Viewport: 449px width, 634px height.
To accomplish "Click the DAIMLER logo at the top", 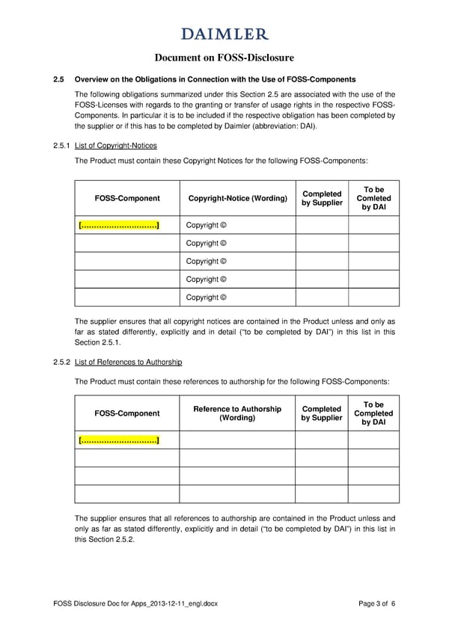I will click(x=224, y=34).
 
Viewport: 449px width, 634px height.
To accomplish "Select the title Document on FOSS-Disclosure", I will click(x=224, y=58).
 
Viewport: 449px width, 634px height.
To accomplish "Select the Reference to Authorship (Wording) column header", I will click(x=236, y=413).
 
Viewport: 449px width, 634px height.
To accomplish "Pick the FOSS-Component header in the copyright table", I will click(x=127, y=198).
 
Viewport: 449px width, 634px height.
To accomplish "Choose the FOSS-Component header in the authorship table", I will click(x=127, y=413).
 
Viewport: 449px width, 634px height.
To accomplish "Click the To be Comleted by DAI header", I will click(x=373, y=198).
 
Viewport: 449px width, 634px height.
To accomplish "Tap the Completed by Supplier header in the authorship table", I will click(x=322, y=413).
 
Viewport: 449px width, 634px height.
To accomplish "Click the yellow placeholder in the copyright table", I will click(x=118, y=225).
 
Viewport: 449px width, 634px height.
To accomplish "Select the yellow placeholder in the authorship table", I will click(x=118, y=440).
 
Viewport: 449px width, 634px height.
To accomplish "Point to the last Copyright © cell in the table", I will click(x=206, y=297).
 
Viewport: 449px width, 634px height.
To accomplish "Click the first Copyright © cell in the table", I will click(x=206, y=225).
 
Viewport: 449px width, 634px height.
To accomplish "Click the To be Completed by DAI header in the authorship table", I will click(x=373, y=413).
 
